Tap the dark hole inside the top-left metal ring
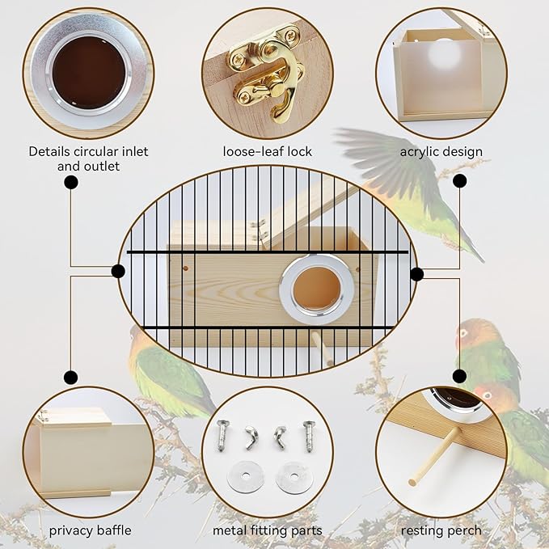tap(89, 72)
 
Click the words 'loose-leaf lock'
tap(268, 151)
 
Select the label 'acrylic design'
tap(441, 151)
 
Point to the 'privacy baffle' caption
tap(89, 530)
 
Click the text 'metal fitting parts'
tap(268, 530)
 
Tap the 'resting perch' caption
tap(441, 530)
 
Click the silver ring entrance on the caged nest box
tap(316, 286)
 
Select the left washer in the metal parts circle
tap(246, 476)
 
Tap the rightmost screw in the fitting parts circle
tap(308, 436)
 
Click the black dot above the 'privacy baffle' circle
tap(71, 377)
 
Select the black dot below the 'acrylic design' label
tap(459, 181)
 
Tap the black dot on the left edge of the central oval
tap(118, 271)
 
